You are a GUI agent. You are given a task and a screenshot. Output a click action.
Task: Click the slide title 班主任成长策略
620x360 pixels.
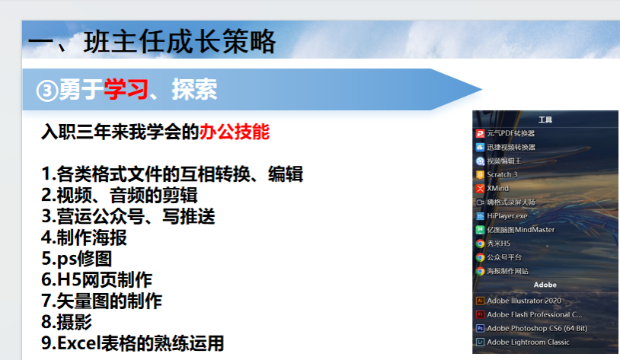click(179, 42)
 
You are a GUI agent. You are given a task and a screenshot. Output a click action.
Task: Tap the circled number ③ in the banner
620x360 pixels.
click(47, 91)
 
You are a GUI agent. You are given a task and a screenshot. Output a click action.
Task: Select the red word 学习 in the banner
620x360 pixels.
click(126, 89)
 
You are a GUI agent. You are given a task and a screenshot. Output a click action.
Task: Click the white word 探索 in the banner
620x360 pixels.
click(194, 89)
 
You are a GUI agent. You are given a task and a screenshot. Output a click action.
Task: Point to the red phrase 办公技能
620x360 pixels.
click(234, 132)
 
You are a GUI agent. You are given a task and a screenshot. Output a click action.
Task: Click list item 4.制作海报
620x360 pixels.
click(84, 237)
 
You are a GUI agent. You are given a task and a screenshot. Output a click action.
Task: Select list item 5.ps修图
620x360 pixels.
click(77, 259)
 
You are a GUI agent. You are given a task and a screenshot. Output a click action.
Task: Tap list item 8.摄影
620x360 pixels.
click(66, 322)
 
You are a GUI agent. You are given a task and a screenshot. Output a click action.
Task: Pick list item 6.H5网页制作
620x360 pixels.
click(97, 280)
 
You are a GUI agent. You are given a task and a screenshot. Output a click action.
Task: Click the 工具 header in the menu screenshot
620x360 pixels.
click(545, 119)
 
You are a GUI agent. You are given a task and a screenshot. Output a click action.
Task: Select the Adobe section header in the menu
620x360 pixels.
click(545, 285)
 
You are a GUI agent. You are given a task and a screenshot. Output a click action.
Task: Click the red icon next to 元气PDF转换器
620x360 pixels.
click(480, 133)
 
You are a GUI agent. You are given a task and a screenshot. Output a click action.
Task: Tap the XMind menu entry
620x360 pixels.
click(492, 189)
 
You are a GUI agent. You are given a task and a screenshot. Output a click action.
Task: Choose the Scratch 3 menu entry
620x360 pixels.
click(497, 174)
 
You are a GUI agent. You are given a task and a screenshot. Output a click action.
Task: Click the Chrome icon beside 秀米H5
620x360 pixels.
click(480, 244)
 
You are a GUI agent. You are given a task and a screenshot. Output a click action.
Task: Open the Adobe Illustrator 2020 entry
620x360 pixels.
click(519, 301)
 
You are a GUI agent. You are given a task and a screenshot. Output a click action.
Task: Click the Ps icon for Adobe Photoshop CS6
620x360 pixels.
click(480, 328)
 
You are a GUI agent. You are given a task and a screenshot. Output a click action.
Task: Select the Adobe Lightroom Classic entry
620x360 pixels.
click(523, 342)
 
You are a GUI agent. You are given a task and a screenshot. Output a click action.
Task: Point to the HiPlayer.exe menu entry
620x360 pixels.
click(502, 216)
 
